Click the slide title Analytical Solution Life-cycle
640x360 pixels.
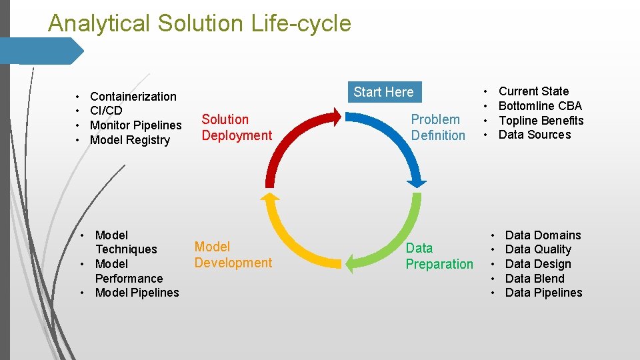tap(199, 23)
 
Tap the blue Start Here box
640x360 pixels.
tap(383, 92)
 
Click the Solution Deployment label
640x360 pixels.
tap(237, 127)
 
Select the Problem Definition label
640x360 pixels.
tap(438, 127)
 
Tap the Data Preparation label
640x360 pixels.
tap(439, 256)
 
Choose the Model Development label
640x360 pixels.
tap(233, 255)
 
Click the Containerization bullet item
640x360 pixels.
tap(133, 97)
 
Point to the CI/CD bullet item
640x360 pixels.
tap(106, 111)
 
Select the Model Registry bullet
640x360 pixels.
tap(130, 140)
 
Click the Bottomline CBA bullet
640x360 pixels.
tap(540, 106)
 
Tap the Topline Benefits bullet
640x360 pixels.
tap(541, 121)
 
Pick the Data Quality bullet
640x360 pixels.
tap(538, 249)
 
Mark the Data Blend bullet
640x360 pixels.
tap(535, 279)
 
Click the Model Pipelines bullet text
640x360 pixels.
tap(137, 293)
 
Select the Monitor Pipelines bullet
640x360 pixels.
tap(135, 125)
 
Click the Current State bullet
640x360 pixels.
tap(533, 91)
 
